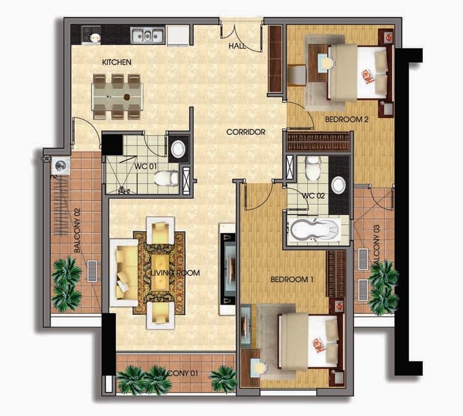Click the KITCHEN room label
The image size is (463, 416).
(117, 62)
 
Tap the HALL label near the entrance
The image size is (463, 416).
(237, 46)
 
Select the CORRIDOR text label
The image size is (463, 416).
(246, 132)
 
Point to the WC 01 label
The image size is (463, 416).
(146, 166)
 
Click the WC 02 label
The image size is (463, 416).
(313, 195)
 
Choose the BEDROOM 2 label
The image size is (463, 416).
(347, 120)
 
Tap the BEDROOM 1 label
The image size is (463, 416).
(292, 279)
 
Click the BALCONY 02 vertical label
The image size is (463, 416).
(77, 230)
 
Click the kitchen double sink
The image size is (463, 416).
(147, 35)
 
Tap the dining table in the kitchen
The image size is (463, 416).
(117, 97)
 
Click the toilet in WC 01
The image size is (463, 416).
(166, 178)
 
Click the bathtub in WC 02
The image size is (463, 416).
(315, 229)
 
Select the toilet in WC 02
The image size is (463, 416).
(313, 168)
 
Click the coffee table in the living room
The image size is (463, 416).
(161, 273)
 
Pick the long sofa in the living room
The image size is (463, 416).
(124, 273)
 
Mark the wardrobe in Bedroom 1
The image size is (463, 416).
(336, 274)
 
